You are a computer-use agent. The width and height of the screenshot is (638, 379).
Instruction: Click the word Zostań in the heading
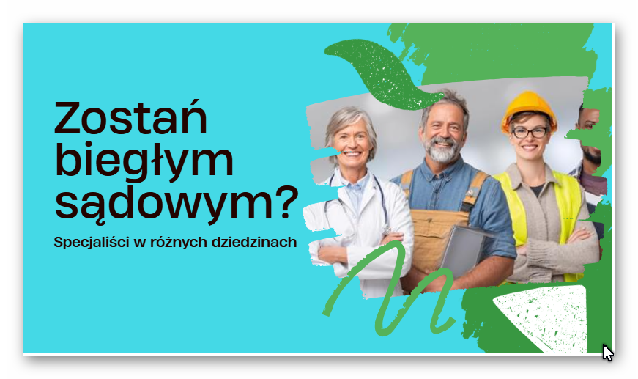[130, 117]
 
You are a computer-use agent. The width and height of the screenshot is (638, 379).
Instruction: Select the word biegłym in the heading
[144, 161]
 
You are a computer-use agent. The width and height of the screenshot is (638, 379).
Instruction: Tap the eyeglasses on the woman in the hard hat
[530, 132]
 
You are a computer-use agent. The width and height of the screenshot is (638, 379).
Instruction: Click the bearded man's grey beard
[442, 150]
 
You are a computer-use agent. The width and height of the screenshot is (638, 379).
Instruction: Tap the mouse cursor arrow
[607, 353]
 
